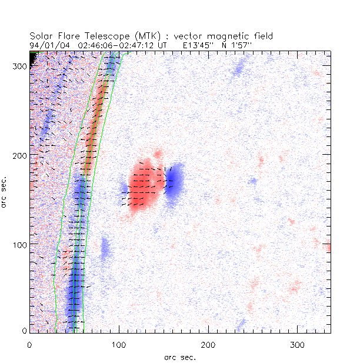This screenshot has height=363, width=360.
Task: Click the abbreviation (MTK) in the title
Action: pos(149,36)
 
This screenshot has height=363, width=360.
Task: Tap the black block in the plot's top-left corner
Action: pos(34,56)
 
